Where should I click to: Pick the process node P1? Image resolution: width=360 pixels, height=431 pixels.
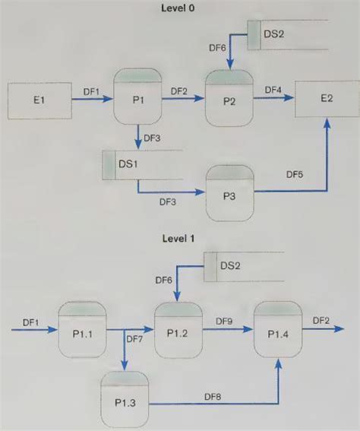click(138, 97)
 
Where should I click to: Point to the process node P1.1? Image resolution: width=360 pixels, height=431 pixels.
click(83, 331)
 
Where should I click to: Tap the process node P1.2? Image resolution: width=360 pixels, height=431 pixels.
click(178, 331)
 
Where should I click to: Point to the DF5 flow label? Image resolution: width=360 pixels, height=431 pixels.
click(295, 175)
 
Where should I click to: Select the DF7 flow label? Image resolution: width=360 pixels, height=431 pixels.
click(134, 339)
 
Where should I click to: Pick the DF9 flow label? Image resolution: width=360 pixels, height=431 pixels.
click(223, 322)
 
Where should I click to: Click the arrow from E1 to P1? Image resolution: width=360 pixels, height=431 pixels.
click(90, 98)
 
